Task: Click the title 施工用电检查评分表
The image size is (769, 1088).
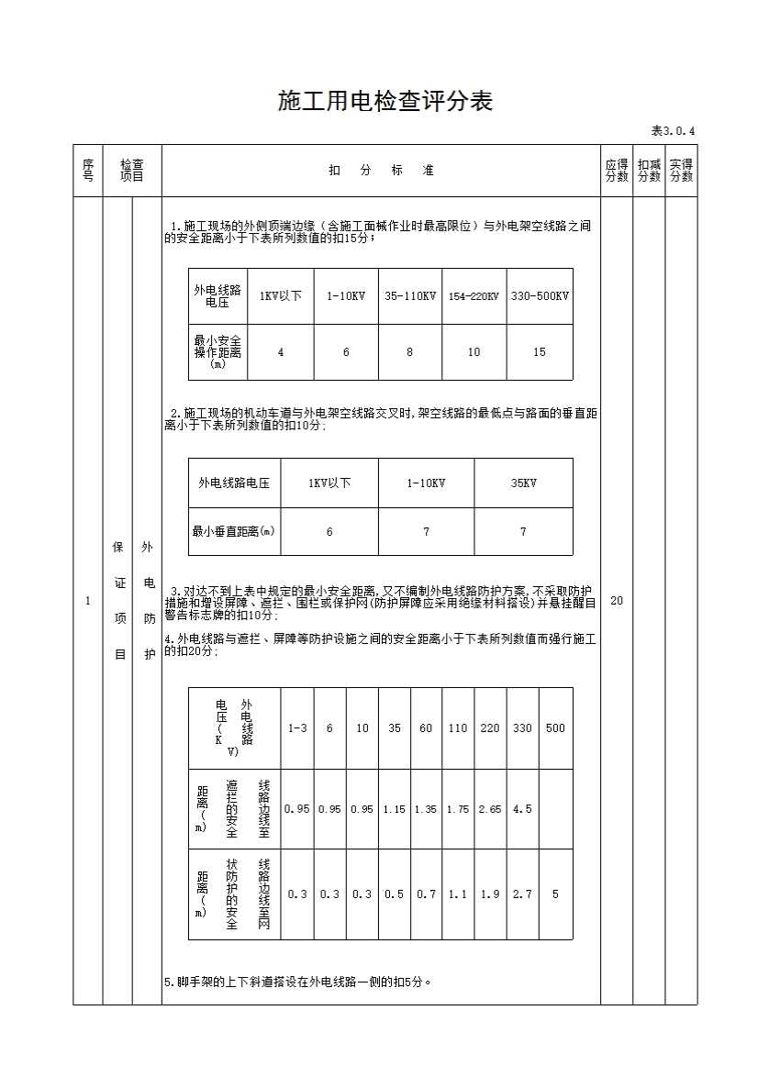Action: [x=384, y=101]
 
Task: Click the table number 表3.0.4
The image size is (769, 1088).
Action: [x=673, y=130]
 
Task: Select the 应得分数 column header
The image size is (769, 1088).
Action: [x=617, y=171]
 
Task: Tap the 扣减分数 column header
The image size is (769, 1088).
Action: [x=649, y=171]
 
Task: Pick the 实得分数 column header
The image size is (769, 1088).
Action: [x=681, y=171]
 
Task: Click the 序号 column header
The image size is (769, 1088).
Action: [x=88, y=171]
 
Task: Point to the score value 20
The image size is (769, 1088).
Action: [x=617, y=601]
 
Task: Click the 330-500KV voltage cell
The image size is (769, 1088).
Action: [x=540, y=296]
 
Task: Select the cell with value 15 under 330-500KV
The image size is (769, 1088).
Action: [x=540, y=352]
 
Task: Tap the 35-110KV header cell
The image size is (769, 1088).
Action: [x=409, y=296]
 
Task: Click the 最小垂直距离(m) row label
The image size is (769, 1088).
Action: [x=234, y=531]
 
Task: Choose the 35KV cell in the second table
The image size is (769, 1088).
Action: [x=523, y=483]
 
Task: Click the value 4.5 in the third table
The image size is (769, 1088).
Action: [x=522, y=809]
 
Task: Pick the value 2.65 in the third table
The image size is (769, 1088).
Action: [x=490, y=809]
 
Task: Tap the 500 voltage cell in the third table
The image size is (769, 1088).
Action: [x=555, y=728]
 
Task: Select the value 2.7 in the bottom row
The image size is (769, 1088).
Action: [x=522, y=894]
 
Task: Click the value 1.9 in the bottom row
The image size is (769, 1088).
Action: [x=490, y=894]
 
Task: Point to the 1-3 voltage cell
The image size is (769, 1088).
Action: [x=297, y=728]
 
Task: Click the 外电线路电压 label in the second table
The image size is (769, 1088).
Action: [x=234, y=483]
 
